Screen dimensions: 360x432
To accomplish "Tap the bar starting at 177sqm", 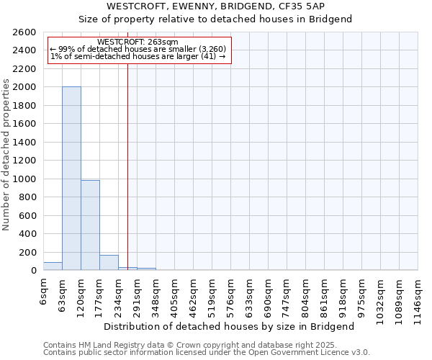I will click(109, 263).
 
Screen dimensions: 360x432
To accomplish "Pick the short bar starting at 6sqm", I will click(53, 266).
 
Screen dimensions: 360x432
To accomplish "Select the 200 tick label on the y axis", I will click(27, 252).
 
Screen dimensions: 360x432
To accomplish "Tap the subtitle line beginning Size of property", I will click(215, 19).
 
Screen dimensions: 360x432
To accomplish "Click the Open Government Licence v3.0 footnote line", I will click(207, 353).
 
